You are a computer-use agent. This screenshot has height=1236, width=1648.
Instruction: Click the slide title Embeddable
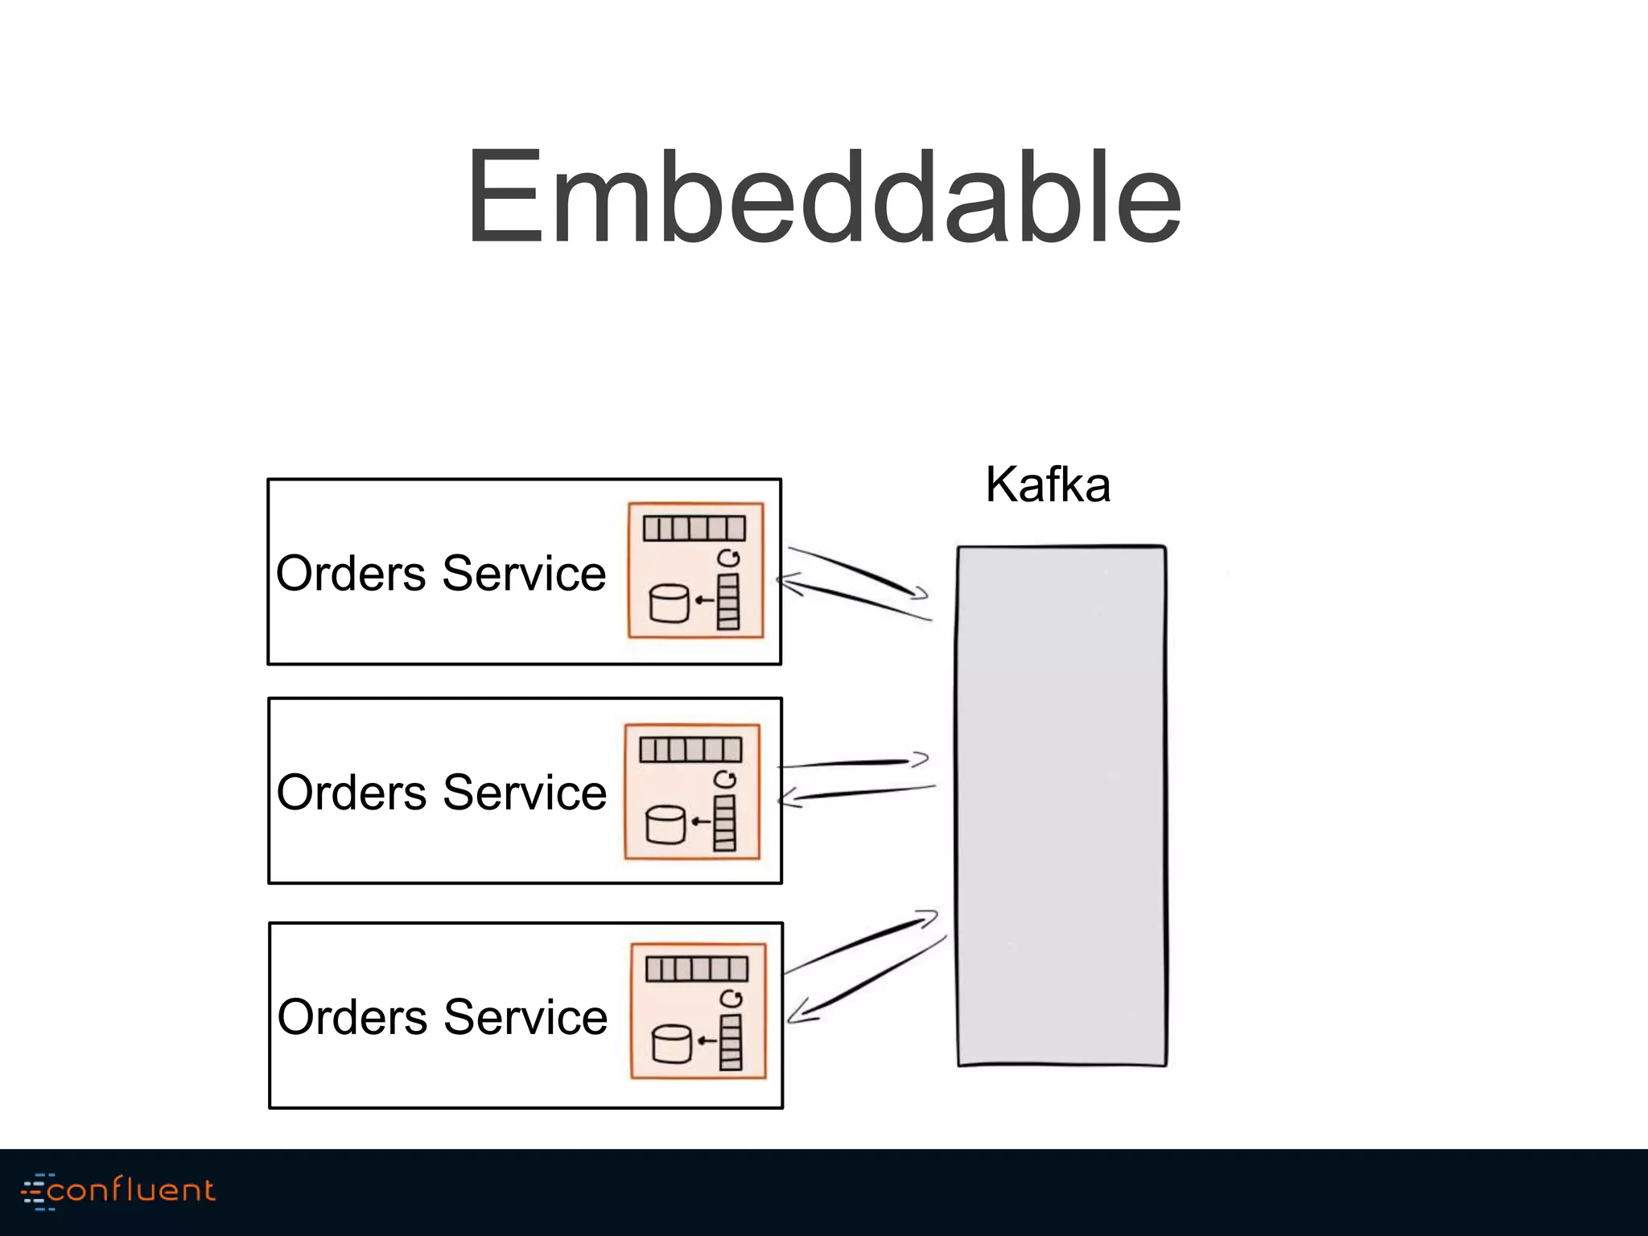[824, 197]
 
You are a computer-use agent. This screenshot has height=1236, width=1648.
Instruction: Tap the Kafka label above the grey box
[1048, 485]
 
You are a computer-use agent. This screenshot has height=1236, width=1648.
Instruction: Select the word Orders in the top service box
[351, 574]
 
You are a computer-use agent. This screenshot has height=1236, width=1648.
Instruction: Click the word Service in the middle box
[525, 793]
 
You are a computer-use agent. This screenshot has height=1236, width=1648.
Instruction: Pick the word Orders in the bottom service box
[352, 1017]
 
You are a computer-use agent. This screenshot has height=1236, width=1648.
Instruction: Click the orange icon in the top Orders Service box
[695, 571]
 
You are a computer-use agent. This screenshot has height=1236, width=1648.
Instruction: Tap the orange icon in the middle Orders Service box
[692, 792]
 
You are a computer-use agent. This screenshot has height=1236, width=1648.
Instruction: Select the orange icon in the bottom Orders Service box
[698, 1011]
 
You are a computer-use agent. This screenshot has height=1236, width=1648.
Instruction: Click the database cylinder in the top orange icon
[669, 604]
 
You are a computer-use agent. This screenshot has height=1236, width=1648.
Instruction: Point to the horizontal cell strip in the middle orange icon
[690, 750]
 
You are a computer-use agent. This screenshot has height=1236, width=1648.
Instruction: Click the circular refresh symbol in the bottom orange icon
[731, 999]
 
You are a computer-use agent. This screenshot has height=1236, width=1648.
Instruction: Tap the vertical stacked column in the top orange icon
[728, 601]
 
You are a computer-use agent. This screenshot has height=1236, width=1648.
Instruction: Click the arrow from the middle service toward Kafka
[853, 762]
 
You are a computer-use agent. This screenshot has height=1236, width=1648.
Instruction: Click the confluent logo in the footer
[118, 1191]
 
